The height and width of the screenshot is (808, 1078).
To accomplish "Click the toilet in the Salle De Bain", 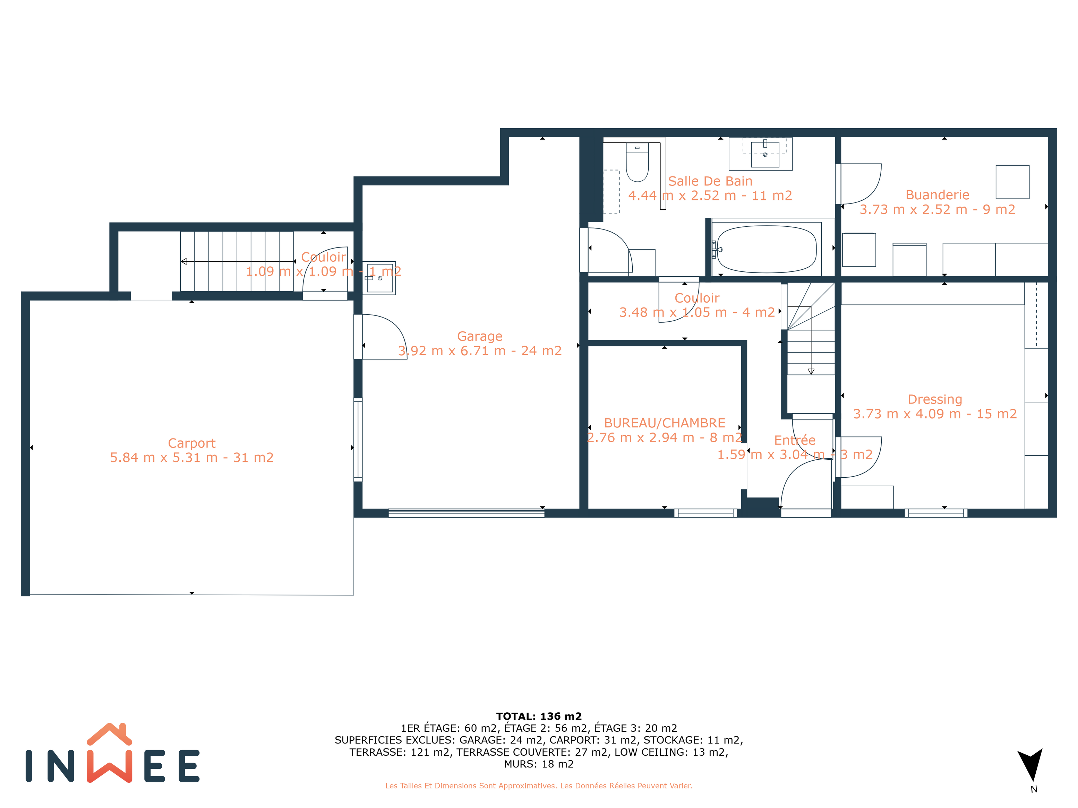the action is coord(637,162).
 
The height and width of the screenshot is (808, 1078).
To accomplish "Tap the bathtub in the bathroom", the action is coord(767,249).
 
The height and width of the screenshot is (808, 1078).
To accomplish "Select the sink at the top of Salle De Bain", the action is coord(765,154).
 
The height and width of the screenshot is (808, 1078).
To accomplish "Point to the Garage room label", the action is coord(480,336).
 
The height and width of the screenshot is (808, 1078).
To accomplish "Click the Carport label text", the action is coord(191,443).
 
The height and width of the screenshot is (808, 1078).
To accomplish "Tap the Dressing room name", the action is coord(935,399).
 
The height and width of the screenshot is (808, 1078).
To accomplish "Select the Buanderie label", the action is coord(937,195).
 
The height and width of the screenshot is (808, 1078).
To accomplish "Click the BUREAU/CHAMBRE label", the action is coord(665,423).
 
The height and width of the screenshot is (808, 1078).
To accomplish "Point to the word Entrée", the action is coord(795,440).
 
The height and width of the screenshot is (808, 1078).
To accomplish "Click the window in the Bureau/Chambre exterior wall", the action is coord(706,513).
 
